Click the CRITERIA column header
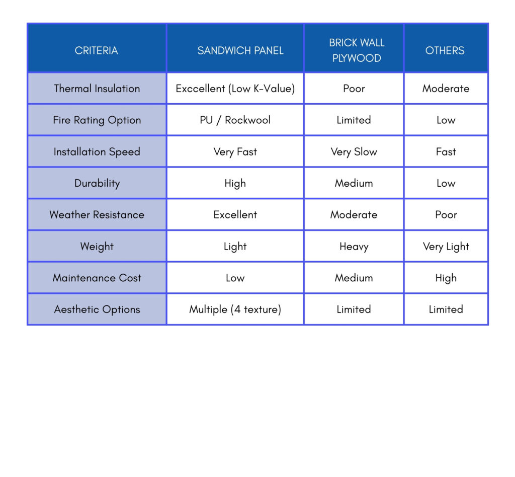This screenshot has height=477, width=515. pyautogui.click(x=97, y=50)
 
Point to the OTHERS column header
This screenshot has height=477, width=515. pyautogui.click(x=445, y=50)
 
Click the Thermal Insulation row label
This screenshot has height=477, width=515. pyautogui.click(x=97, y=89)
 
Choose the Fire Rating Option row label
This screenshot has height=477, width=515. pyautogui.click(x=97, y=120)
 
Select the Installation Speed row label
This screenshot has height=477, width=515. pyautogui.click(x=97, y=152)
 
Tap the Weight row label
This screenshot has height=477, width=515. pyautogui.click(x=97, y=247)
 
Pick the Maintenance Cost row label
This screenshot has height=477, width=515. pyautogui.click(x=97, y=278)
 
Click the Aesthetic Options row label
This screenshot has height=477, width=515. pyautogui.click(x=97, y=309)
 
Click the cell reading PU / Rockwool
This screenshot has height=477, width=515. pyautogui.click(x=235, y=120)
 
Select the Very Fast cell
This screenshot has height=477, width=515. pyautogui.click(x=235, y=152)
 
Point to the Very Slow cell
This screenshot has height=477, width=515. pyautogui.click(x=354, y=152)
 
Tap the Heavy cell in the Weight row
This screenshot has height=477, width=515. pyautogui.click(x=354, y=247)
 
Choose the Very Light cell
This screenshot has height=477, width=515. pyautogui.click(x=446, y=247)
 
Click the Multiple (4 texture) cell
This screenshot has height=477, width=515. pyautogui.click(x=235, y=309)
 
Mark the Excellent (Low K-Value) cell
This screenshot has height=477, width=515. pyautogui.click(x=235, y=89)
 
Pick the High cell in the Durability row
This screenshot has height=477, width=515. pyautogui.click(x=235, y=183)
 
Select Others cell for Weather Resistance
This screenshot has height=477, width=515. pyautogui.click(x=446, y=215)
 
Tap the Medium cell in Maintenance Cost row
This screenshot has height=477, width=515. pyautogui.click(x=354, y=278)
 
